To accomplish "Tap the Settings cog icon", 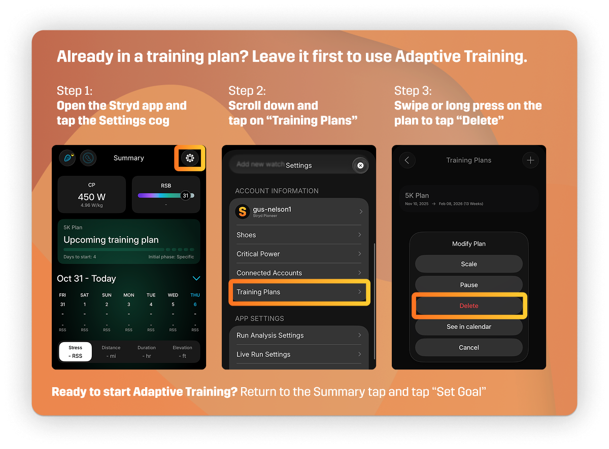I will point(190,158).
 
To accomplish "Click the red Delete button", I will point(469,306).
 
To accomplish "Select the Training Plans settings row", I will point(299,292).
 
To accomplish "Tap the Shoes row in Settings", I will point(299,235).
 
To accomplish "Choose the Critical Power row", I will point(299,254).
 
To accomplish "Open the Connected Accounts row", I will point(299,273).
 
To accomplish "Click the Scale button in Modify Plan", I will point(469,264).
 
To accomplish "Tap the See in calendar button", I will point(469,327).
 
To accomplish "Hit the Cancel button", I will point(469,348).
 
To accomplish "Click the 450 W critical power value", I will point(92,197).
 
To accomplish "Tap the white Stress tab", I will point(76,352).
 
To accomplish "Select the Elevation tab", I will point(182,352).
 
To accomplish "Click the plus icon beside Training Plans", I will point(530,160).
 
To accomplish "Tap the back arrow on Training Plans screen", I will point(407,160).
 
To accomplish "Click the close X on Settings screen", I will point(360,165).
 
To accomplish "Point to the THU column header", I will point(195,295).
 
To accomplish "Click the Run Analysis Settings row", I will point(299,335).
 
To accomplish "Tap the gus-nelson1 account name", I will point(272,209).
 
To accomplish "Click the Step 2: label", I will point(247,91).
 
